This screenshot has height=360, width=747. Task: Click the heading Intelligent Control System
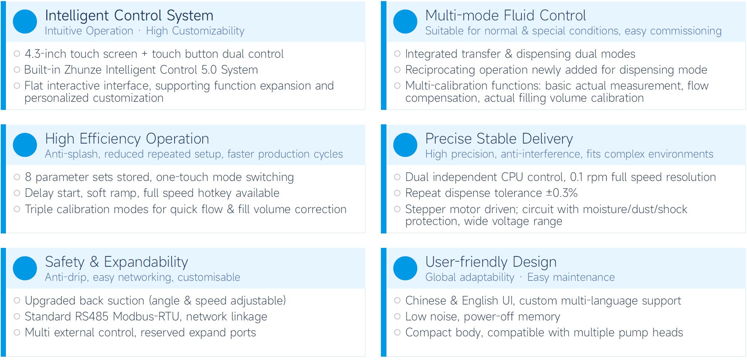129,16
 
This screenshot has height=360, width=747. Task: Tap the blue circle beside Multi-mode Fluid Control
405,21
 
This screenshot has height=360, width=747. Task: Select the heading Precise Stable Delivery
499,139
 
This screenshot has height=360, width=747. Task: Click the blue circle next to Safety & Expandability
25,268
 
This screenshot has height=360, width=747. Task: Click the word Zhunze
83,70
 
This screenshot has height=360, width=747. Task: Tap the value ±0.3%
562,193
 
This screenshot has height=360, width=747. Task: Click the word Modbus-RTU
147,317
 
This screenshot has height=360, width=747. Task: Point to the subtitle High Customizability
195,31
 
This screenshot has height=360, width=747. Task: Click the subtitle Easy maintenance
571,277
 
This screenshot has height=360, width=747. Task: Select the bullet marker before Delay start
17,193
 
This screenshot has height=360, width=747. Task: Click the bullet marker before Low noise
397,317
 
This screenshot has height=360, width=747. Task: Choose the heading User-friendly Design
491,262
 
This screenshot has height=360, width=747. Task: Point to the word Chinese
426,301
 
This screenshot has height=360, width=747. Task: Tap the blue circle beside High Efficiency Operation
25,145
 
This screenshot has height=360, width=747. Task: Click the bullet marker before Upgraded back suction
17,301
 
